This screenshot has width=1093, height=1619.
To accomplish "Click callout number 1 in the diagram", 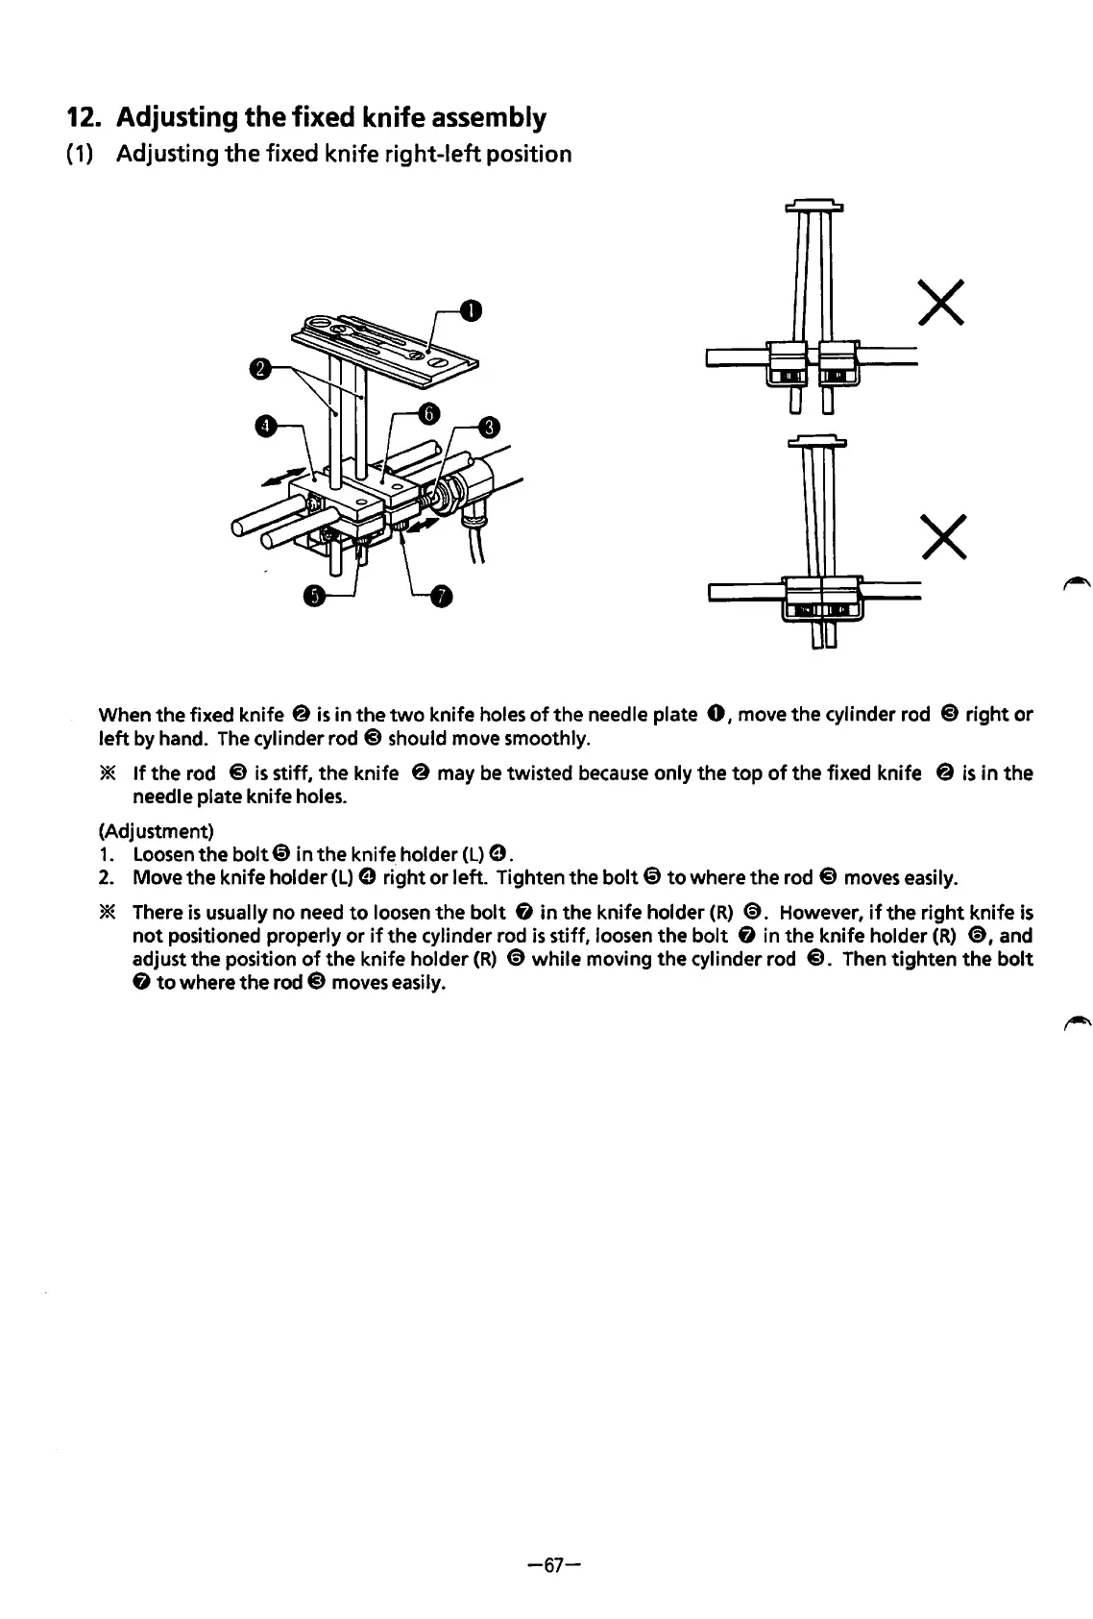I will (x=470, y=309).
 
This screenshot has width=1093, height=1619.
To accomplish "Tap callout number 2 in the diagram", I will (x=257, y=367).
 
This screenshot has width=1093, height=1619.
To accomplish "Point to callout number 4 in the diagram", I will (x=263, y=426).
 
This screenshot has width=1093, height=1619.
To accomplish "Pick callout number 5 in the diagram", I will (x=313, y=596).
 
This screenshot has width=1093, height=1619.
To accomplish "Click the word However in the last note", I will (x=823, y=912).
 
